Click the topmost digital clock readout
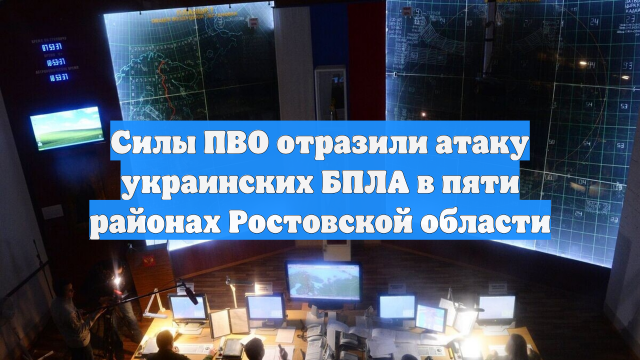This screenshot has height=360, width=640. click(x=47, y=45)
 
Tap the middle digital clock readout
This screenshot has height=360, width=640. click(x=47, y=62)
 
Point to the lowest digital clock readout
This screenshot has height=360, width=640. click(x=47, y=77)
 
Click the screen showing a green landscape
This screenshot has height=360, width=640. click(x=66, y=127)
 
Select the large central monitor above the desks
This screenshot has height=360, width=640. click(x=322, y=281)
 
